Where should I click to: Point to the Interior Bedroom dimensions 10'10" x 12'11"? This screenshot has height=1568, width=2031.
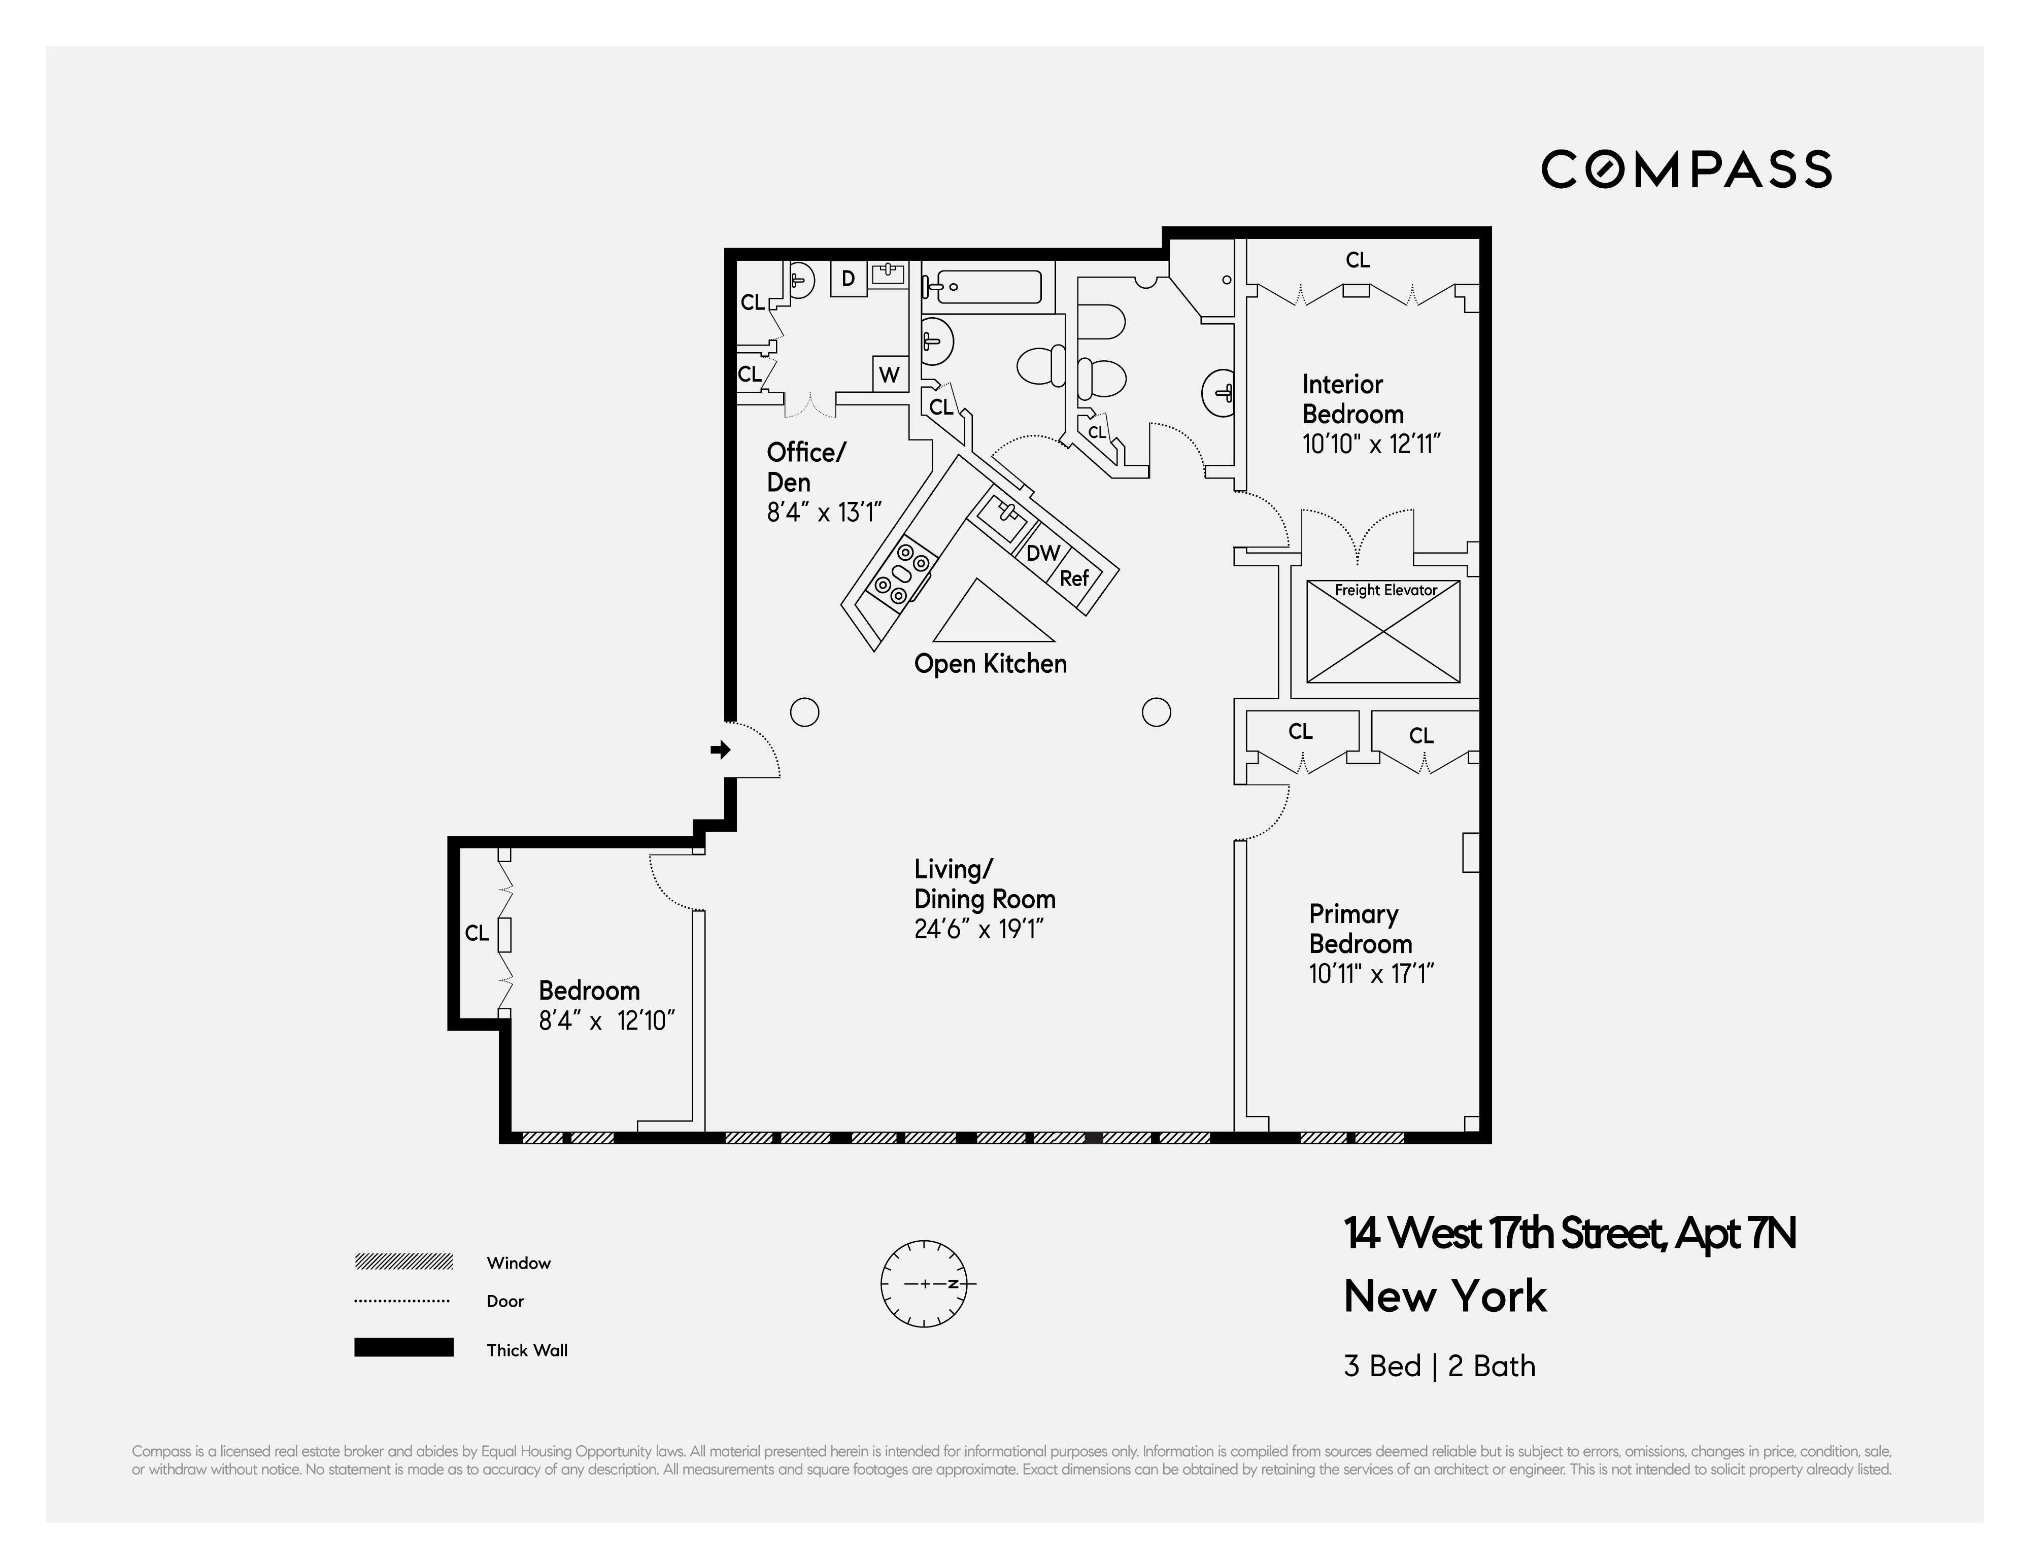(1371, 445)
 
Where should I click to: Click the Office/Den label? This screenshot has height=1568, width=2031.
(805, 467)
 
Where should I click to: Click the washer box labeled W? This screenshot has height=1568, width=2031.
(889, 375)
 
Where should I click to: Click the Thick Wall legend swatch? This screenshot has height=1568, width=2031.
(403, 1348)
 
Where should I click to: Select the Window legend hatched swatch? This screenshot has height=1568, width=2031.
(403, 1262)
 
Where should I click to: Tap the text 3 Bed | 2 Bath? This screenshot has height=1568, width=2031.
(1439, 1366)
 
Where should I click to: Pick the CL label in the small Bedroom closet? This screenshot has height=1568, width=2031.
(476, 933)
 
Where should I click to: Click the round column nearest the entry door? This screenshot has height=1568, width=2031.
(804, 712)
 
